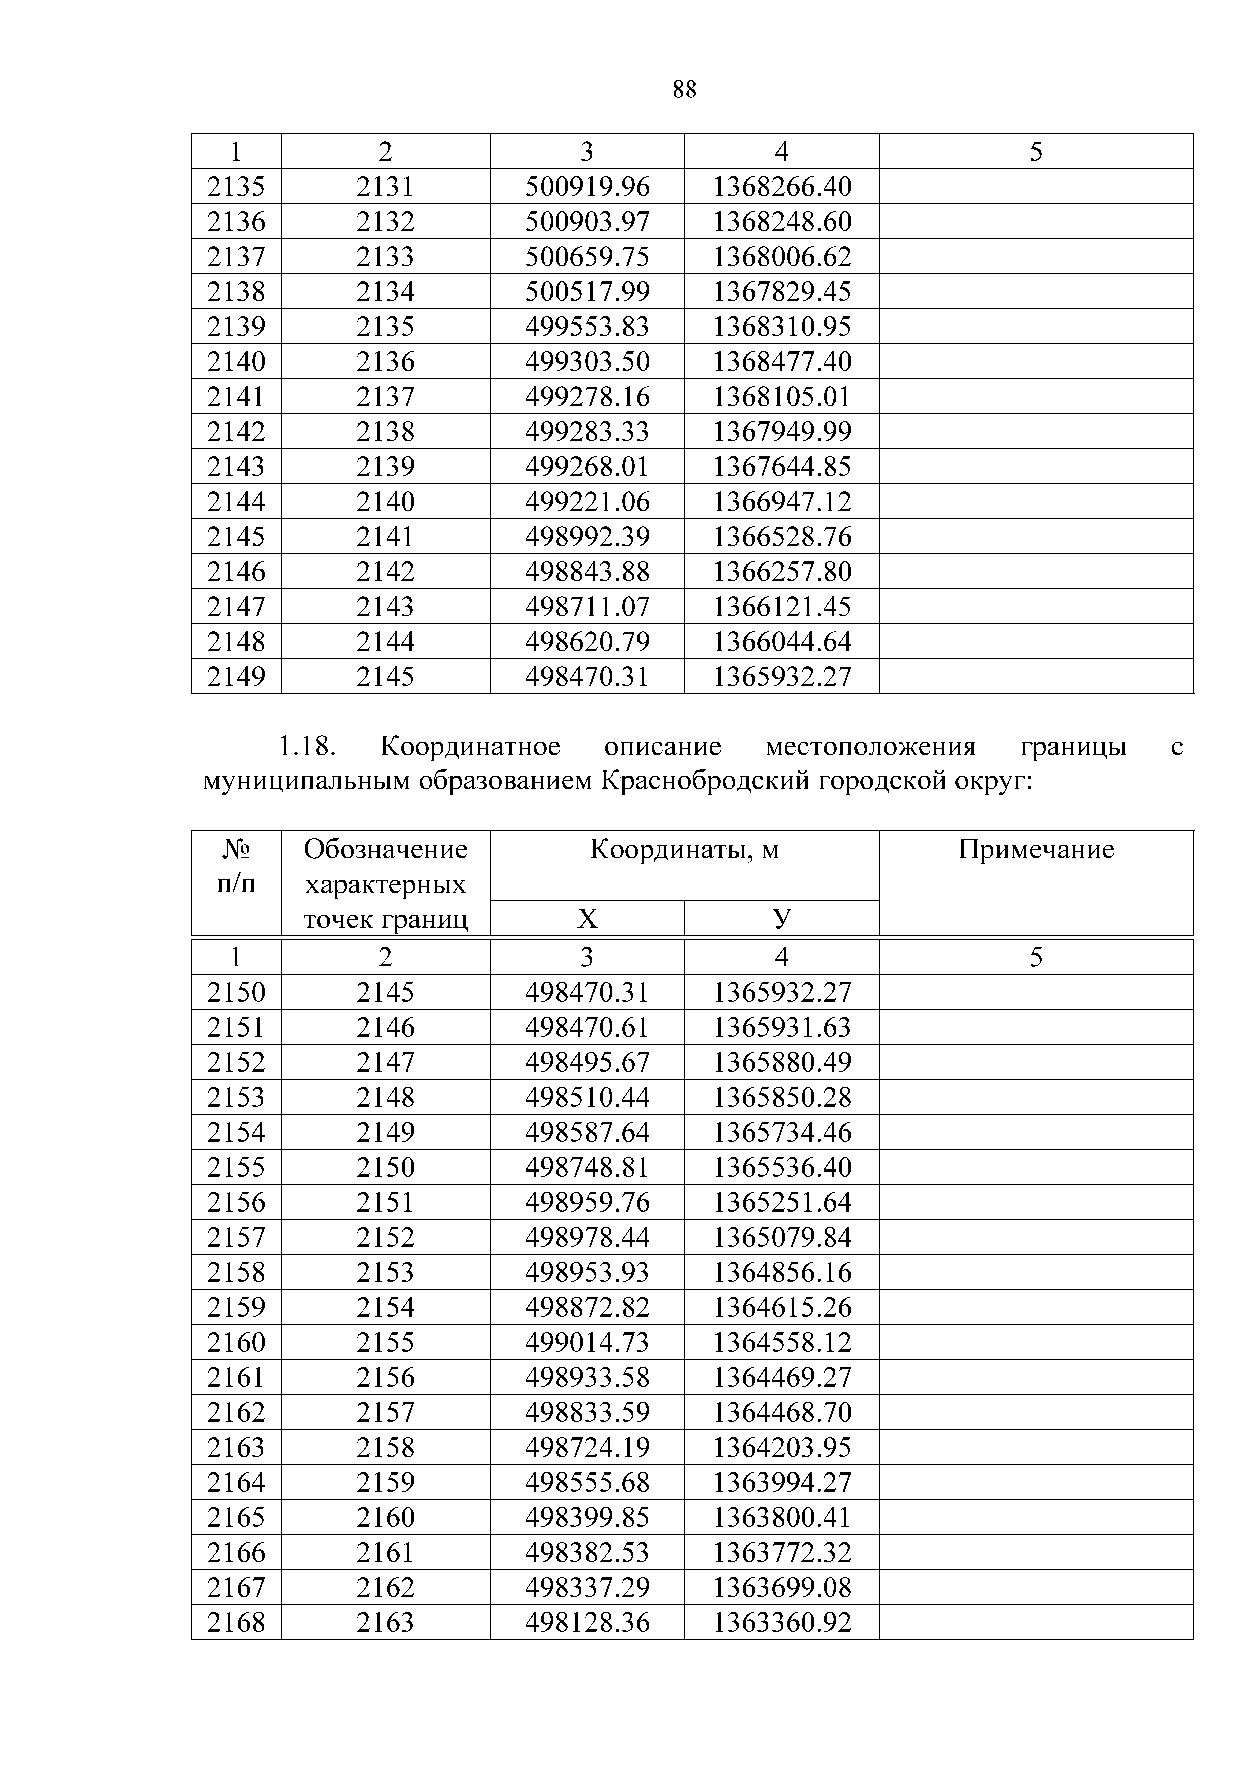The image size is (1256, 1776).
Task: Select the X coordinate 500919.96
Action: pyautogui.click(x=587, y=186)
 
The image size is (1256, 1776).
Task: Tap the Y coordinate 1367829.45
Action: pyautogui.click(x=782, y=292)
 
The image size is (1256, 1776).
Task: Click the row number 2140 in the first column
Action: pyautogui.click(x=236, y=361)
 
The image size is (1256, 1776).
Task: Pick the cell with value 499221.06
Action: pyautogui.click(x=587, y=502)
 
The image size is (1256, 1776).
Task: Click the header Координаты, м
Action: pyautogui.click(x=684, y=849)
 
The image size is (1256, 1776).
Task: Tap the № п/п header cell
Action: pyautogui.click(x=236, y=866)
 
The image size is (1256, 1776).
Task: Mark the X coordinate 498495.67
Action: pyautogui.click(x=587, y=1062)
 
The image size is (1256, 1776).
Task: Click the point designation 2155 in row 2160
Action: pyautogui.click(x=385, y=1342)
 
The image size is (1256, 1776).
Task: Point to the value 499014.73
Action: pyautogui.click(x=587, y=1342)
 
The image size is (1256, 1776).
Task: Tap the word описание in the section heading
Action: pyautogui.click(x=662, y=746)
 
